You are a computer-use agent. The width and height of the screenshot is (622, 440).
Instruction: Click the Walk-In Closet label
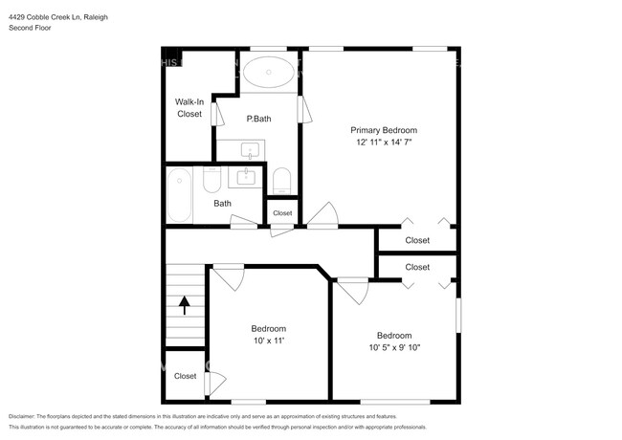click(189, 107)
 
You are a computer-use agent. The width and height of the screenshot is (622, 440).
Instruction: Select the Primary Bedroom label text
click(383, 129)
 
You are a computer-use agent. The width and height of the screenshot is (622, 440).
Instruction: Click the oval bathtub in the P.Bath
click(268, 73)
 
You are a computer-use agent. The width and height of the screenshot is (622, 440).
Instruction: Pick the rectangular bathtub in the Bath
click(180, 195)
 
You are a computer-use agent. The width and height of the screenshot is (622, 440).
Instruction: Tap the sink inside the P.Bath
click(251, 151)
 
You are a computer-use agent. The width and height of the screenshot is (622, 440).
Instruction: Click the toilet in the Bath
click(212, 180)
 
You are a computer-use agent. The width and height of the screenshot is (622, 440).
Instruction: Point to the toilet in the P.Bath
click(281, 180)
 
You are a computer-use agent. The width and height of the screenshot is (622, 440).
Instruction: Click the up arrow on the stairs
click(184, 305)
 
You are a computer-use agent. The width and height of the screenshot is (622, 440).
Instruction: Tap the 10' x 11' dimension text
click(268, 341)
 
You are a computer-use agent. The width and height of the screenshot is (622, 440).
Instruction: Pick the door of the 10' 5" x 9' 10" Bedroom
click(352, 289)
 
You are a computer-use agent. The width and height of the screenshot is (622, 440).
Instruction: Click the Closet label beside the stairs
click(185, 376)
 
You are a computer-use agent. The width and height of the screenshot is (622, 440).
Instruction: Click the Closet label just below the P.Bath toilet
click(282, 212)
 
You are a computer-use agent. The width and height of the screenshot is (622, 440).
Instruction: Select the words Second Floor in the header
click(31, 28)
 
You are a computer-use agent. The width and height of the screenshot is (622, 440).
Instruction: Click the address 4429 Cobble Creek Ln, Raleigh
click(57, 14)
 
